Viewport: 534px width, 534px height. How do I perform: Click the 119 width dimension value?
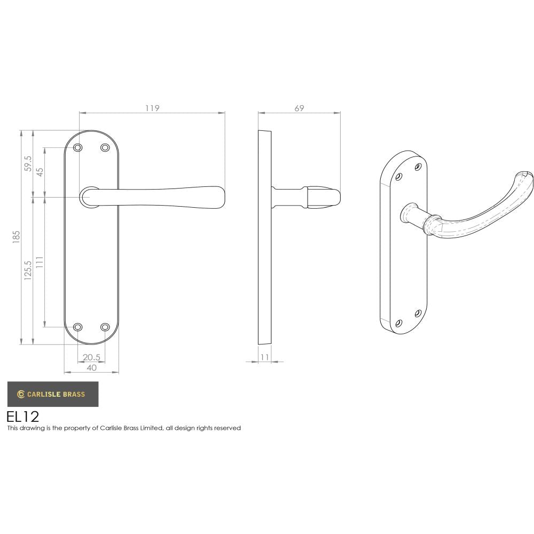tap(152, 108)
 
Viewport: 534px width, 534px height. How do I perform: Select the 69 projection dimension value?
tap(299, 108)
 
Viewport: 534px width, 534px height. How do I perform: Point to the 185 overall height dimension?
tap(17, 237)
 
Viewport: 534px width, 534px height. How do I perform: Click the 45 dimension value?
tap(40, 172)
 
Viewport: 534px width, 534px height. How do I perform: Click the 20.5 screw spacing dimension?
tap(91, 357)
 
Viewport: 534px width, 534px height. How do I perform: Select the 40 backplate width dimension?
tap(91, 367)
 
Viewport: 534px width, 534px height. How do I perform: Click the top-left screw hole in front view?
tap(78, 147)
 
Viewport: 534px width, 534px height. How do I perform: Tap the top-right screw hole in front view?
tap(105, 147)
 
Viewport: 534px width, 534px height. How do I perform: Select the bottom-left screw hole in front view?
tap(78, 327)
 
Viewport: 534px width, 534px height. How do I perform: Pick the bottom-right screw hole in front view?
tap(105, 327)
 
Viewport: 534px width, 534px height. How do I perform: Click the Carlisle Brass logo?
tap(52, 395)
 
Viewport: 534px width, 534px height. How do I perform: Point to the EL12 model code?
tap(22, 417)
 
